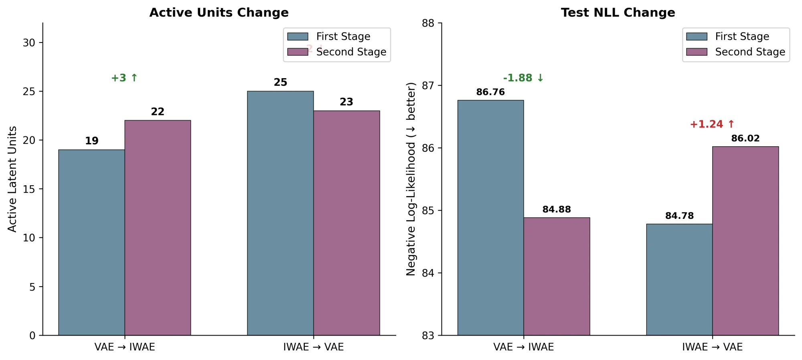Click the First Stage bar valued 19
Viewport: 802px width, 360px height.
point(91,242)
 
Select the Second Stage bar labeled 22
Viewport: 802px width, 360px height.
point(158,228)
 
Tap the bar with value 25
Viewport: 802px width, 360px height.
point(280,213)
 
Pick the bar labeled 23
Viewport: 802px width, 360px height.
point(346,223)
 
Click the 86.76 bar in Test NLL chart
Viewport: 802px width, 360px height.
point(490,218)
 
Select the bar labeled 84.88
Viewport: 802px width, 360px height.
point(557,276)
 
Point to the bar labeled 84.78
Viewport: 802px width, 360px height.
point(679,279)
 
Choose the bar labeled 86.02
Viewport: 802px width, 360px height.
point(745,241)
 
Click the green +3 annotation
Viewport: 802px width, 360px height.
point(124,78)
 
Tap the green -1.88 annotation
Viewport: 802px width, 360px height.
point(523,78)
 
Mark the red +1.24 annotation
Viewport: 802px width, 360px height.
point(712,124)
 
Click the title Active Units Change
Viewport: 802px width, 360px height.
point(219,12)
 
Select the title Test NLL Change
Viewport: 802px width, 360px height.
point(618,12)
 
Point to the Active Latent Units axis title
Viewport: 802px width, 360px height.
point(12,179)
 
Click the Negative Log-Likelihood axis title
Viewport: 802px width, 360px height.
point(411,179)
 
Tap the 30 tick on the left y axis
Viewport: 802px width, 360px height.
point(29,42)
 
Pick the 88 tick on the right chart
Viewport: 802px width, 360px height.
point(428,23)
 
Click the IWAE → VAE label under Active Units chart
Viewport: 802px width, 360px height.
point(313,347)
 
